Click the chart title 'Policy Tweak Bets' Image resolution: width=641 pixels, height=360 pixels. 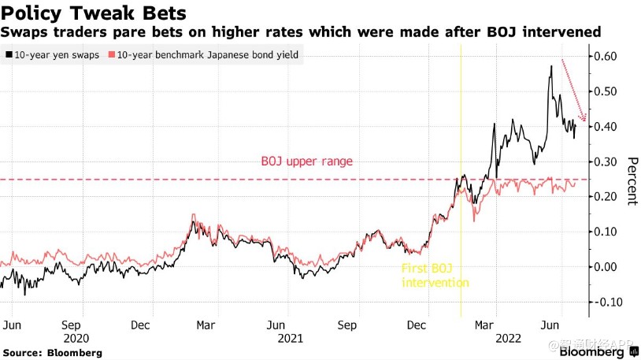click(x=94, y=13)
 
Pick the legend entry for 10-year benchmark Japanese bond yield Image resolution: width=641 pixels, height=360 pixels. click(x=206, y=54)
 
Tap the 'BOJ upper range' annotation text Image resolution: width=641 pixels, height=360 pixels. click(x=306, y=161)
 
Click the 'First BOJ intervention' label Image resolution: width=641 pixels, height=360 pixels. click(x=435, y=276)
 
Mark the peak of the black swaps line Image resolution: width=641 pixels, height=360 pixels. click(x=551, y=67)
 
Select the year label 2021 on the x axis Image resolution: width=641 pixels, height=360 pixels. click(x=290, y=338)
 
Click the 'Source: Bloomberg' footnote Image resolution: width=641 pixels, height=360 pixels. click(x=52, y=353)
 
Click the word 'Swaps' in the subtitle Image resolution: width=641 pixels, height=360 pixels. click(x=22, y=32)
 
